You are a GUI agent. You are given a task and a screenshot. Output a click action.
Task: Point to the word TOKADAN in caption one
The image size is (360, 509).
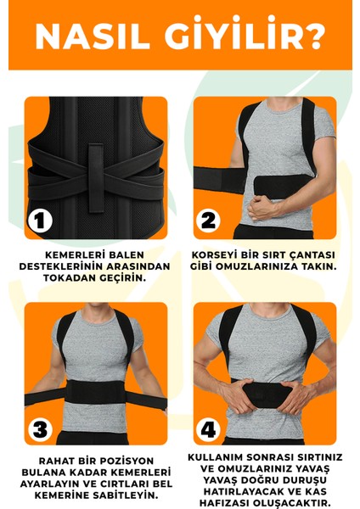click(x=65, y=277)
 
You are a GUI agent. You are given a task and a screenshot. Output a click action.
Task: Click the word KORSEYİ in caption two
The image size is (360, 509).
click(x=228, y=254)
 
